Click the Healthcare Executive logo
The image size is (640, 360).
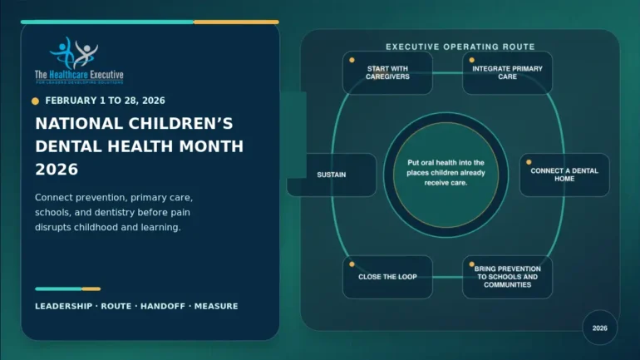[79, 61]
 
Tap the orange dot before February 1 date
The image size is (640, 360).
[36, 101]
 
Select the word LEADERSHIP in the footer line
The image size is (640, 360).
[64, 306]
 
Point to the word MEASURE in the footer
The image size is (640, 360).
[216, 306]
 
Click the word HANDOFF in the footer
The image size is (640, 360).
[163, 306]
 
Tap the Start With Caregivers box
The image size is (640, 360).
[387, 72]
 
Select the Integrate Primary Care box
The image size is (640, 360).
[507, 72]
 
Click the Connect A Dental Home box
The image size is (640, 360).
[564, 175]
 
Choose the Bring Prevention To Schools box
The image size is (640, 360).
[507, 277]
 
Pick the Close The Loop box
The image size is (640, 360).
[387, 277]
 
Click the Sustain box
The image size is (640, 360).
[332, 175]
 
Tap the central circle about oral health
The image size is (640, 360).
[446, 175]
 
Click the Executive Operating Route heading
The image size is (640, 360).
[460, 47]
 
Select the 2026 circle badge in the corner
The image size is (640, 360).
[599, 328]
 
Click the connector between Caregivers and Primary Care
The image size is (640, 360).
[447, 73]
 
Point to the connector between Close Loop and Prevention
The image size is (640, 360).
[447, 277]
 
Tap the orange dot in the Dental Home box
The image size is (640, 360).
[529, 162]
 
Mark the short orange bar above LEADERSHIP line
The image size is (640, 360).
[91, 289]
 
